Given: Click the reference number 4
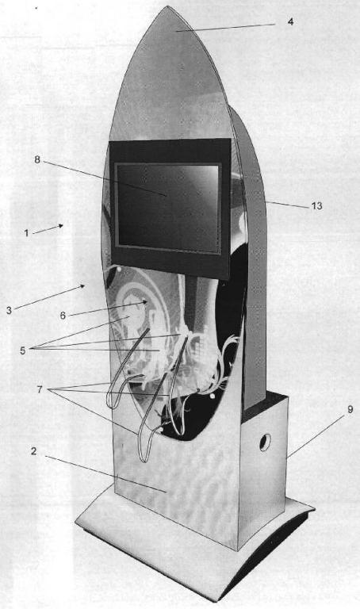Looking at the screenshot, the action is point(290,21).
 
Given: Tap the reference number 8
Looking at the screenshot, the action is point(37,159).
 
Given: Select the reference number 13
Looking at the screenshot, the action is point(317,206).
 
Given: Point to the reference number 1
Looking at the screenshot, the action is point(26,233).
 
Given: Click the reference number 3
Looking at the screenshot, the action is point(9,310).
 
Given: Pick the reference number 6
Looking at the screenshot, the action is point(63,316).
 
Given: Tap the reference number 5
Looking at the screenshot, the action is point(23,350).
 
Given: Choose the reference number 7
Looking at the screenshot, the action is point(39,389).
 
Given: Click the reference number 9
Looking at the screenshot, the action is point(350,410).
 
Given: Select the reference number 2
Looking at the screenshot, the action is point(34,451).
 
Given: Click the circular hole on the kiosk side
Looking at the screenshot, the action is point(266,442).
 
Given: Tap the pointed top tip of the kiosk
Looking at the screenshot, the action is point(167,6).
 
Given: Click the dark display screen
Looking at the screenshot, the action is point(168,208).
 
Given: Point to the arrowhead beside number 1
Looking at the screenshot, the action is point(60,226).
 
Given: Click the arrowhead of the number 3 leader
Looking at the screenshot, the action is point(82,286).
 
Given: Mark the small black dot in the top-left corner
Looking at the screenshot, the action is point(36,7).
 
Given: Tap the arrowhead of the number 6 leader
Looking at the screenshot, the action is point(144,302).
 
